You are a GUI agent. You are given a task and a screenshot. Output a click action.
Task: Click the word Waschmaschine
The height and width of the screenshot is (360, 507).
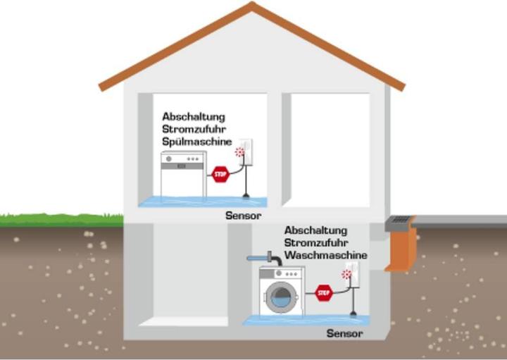pos(326,254)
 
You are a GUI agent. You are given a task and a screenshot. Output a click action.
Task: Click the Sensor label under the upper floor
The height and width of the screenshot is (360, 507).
pos(244,216)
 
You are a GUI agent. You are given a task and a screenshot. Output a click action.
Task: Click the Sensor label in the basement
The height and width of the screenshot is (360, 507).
pos(345,333)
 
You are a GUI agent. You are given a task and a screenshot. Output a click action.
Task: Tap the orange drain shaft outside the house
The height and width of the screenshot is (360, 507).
pos(401,250)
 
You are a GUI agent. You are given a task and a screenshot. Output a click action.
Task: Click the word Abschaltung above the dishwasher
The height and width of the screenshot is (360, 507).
pos(193,116)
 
